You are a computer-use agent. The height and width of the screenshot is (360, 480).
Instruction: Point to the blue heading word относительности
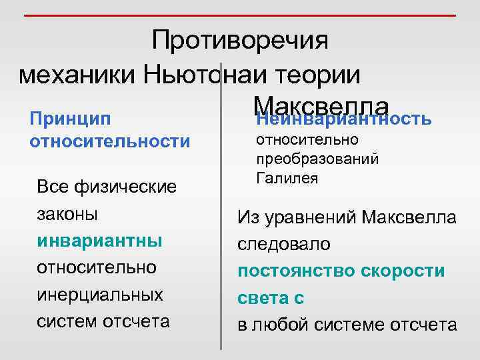110,141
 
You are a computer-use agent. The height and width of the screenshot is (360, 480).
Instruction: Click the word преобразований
317,159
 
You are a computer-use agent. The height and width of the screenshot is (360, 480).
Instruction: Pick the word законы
66,215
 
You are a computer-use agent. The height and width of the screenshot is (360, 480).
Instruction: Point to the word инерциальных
100,294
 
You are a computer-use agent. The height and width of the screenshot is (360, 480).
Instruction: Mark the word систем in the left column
67,321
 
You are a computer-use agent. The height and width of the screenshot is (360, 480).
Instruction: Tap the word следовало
283,244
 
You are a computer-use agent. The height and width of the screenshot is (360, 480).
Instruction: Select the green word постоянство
297,271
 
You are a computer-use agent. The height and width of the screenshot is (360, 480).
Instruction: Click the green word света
262,298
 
